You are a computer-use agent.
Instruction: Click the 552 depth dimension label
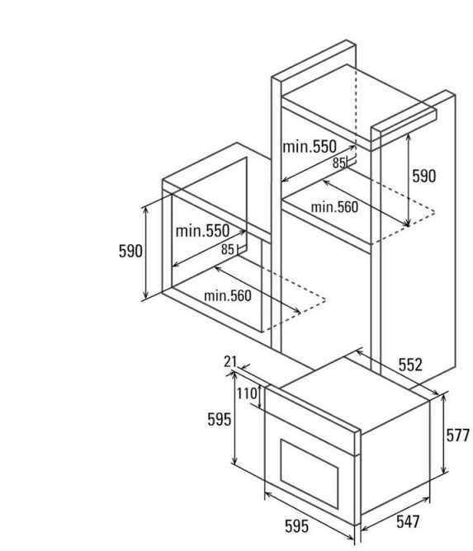click(410, 365)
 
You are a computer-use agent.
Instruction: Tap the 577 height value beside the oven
click(458, 436)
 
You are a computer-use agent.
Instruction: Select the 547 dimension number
click(408, 521)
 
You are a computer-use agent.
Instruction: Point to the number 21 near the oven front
click(230, 361)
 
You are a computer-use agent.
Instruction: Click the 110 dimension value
click(247, 393)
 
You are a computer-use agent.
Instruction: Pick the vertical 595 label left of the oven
click(219, 419)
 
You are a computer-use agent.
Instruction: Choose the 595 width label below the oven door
click(296, 526)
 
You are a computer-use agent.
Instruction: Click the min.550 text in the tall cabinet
click(310, 146)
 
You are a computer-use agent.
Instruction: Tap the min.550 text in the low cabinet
click(202, 231)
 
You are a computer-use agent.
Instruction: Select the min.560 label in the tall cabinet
click(334, 207)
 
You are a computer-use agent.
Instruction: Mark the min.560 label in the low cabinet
click(228, 295)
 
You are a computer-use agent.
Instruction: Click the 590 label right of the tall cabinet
click(423, 176)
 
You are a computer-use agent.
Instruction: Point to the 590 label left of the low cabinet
click(130, 251)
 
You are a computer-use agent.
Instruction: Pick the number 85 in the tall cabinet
click(339, 163)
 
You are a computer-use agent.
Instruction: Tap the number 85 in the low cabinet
click(228, 249)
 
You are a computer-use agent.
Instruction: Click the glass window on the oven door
click(309, 474)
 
